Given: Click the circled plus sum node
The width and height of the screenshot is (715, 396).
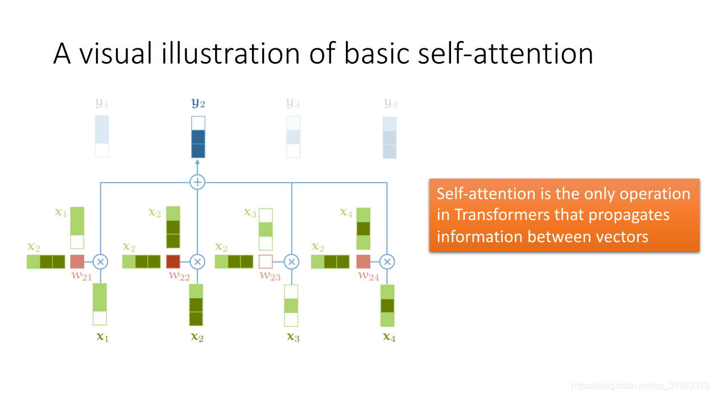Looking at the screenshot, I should (x=197, y=182).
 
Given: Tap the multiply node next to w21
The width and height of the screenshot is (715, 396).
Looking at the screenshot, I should (x=100, y=262).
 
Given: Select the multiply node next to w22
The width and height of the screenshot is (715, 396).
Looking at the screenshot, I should (x=197, y=262).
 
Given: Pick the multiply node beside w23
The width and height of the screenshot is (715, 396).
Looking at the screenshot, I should (x=291, y=262).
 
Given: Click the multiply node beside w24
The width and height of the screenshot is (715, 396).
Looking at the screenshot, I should (x=387, y=262).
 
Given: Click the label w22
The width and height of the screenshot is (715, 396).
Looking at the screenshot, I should (x=179, y=276).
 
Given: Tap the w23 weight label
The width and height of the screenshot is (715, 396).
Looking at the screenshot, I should (x=270, y=276).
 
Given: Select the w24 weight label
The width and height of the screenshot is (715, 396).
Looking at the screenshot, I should (x=368, y=276).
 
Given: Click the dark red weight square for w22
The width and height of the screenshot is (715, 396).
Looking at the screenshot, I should (x=173, y=262).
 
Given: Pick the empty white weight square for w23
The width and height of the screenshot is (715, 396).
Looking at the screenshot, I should (x=266, y=262).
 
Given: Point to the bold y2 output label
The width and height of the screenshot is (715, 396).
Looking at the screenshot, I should (x=198, y=104).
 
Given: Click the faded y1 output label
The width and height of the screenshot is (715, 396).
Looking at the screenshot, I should (x=101, y=104).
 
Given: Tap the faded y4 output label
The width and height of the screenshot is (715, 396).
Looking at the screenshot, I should (x=390, y=104).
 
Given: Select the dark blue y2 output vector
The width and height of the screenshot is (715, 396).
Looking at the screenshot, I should (x=198, y=137).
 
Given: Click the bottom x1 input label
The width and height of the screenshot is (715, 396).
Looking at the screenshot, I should (x=102, y=337).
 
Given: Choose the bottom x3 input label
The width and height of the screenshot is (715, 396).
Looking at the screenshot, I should (x=293, y=337).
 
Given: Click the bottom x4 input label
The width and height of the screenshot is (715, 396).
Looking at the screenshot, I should (x=389, y=337).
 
